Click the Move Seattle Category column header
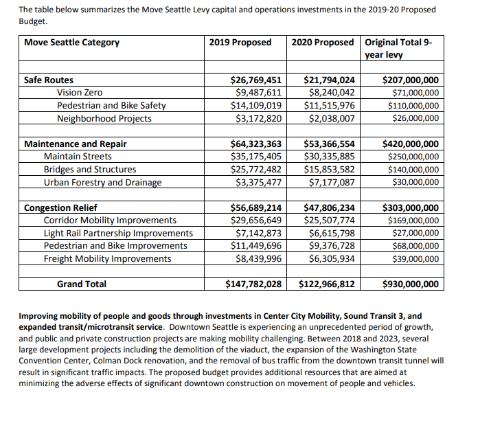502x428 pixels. click(x=71, y=43)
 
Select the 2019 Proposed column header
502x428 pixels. click(x=240, y=43)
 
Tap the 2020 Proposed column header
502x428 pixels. click(x=322, y=43)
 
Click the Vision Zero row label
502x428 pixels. click(x=80, y=93)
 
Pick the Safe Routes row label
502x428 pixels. click(x=48, y=80)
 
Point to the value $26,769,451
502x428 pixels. click(x=253, y=80)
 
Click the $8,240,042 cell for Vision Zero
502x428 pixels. click(x=332, y=93)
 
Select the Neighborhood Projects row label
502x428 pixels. click(x=104, y=118)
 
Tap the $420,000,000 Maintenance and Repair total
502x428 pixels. click(x=410, y=144)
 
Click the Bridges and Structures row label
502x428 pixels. click(x=89, y=170)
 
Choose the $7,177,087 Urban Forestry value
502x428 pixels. click(x=332, y=183)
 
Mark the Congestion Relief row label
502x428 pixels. click(x=60, y=208)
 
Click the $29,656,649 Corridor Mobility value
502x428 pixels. click(x=256, y=221)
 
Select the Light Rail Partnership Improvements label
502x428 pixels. click(x=118, y=234)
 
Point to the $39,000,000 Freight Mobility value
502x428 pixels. click(x=415, y=259)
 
